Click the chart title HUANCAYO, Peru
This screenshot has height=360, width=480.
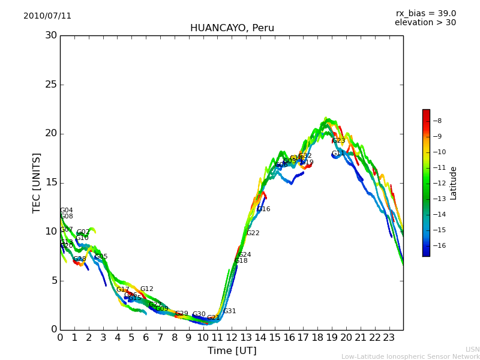(x=232, y=28)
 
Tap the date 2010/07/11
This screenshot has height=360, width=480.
(x=47, y=16)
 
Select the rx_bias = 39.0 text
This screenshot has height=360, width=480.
(x=425, y=13)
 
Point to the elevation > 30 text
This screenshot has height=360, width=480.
(x=425, y=23)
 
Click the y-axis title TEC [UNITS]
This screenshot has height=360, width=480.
(x=37, y=182)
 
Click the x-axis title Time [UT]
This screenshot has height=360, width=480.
(x=232, y=350)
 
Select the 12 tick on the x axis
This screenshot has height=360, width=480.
(x=232, y=337)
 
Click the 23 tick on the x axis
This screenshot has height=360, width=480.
(x=389, y=337)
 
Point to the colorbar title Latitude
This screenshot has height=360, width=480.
(x=453, y=182)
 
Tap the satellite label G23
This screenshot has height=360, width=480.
(x=338, y=140)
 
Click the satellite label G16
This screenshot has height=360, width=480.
(x=263, y=209)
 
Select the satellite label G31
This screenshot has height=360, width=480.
(x=229, y=311)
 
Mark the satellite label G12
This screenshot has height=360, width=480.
(x=146, y=289)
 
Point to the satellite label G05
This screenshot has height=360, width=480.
(x=101, y=256)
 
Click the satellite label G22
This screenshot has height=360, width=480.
(x=253, y=233)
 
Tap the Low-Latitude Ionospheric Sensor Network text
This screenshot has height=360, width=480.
(x=410, y=356)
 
